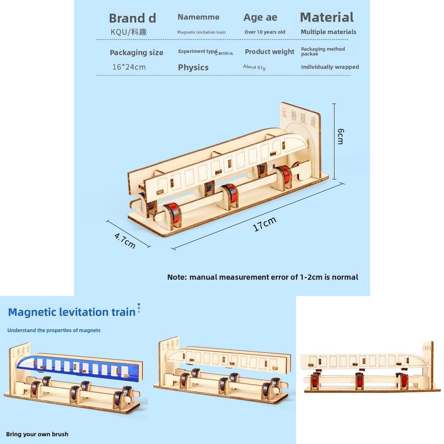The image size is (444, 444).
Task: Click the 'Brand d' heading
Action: [x=132, y=18]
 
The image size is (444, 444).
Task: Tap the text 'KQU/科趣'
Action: [x=128, y=32]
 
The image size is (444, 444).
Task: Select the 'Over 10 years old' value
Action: [x=264, y=32]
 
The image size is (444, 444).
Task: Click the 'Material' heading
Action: [x=326, y=17]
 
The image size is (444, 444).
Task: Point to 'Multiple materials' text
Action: [x=328, y=32]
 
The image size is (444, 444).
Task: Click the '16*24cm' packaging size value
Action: [x=129, y=67]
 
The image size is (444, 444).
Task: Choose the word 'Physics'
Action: [x=193, y=68]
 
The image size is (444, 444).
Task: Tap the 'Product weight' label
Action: [x=269, y=52]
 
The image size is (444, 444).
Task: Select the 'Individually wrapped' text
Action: [x=330, y=67]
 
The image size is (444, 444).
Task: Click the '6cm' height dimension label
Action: [x=340, y=136]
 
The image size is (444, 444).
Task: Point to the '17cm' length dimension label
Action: [x=264, y=224]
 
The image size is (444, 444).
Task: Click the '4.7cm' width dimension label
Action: [x=125, y=241]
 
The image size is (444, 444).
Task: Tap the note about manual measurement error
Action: [x=262, y=277]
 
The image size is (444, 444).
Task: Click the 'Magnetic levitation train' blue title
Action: [x=72, y=312]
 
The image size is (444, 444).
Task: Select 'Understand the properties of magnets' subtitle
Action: [x=54, y=330]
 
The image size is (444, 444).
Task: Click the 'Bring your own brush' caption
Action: [x=37, y=434]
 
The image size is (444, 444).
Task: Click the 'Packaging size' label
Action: [x=136, y=52]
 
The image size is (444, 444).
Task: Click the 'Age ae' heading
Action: [x=260, y=18]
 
